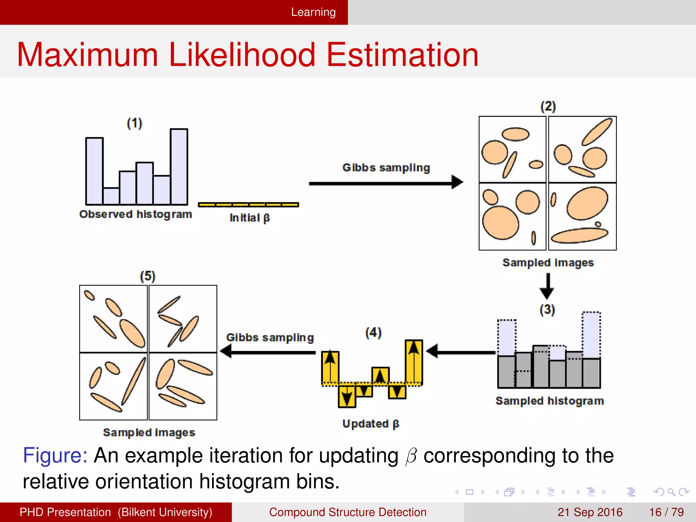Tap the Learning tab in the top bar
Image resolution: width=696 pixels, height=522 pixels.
pos(313,12)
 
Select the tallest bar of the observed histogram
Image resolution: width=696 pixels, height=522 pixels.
pos(179,167)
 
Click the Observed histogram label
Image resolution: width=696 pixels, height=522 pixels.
pos(136,214)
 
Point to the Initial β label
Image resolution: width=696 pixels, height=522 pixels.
pos(249,218)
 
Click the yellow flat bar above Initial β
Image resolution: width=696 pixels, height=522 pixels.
pos(248,205)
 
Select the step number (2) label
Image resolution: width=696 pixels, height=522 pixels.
pos(548,107)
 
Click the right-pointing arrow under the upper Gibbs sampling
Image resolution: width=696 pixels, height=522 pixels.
pos(386,183)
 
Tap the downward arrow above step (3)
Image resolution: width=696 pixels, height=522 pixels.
pos(547,286)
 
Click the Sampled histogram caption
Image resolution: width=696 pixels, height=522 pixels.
pos(550,401)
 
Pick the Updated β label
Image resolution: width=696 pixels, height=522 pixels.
pos(371,424)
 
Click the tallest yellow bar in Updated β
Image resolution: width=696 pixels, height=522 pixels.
pos(414,362)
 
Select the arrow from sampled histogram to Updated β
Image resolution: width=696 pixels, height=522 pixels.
pos(460,351)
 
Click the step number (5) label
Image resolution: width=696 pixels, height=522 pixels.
pos(147,276)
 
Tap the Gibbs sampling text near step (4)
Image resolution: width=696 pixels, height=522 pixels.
pos(270,337)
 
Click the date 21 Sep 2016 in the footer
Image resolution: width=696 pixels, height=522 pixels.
pos(590,512)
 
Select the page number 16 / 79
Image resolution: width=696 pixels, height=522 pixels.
pos(666,512)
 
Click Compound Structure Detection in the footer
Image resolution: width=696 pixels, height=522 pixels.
pos(347,512)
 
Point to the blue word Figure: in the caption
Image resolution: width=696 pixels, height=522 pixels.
pos(55,455)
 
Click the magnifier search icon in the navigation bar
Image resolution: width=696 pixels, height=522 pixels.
pos(671,492)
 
